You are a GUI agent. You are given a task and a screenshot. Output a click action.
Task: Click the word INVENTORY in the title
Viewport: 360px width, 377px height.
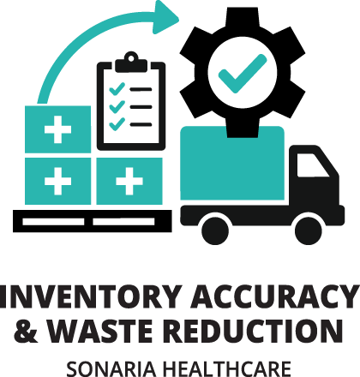91,297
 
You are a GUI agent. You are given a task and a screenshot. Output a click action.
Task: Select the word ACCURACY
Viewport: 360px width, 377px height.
276,297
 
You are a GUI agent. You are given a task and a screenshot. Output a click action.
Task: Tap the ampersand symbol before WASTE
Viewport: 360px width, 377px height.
26,331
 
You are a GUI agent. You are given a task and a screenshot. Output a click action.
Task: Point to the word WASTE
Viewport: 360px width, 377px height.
99,331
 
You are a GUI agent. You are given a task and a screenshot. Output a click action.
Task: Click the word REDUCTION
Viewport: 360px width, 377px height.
253,331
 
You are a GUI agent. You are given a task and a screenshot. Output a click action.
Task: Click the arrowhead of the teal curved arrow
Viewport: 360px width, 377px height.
165,17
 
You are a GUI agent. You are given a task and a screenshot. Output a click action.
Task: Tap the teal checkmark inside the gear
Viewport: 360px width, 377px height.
243,74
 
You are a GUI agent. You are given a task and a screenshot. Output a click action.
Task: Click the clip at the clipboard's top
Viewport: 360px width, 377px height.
131,63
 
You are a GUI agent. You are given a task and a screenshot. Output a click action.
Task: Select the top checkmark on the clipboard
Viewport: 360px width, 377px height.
117,89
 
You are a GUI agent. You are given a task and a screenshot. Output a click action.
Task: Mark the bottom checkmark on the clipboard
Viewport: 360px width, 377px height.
117,124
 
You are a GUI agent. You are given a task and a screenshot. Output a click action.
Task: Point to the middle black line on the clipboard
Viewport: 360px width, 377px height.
141,107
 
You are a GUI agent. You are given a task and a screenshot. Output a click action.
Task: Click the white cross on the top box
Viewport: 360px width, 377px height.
57,129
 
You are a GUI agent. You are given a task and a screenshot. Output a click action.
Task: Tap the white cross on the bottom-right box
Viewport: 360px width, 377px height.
129,181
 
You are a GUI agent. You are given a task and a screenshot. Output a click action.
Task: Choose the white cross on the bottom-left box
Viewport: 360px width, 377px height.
57,181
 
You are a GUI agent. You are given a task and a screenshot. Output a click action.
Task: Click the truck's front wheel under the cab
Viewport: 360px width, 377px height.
309,231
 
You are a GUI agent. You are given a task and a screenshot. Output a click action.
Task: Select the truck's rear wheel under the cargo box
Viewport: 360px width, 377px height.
215,231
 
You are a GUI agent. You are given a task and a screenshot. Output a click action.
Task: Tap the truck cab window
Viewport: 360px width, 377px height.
313,165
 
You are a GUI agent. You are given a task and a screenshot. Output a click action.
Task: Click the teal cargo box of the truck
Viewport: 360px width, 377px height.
232,163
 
